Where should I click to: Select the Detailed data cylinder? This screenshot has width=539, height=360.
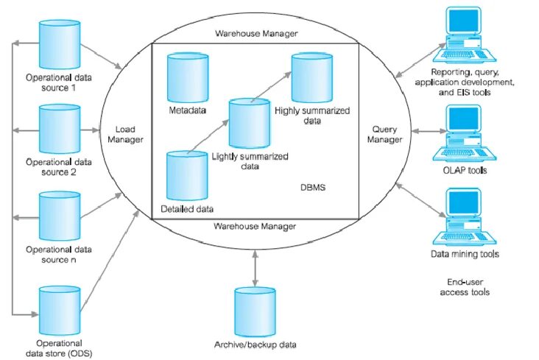186,177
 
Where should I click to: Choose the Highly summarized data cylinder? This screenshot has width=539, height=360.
310,78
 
